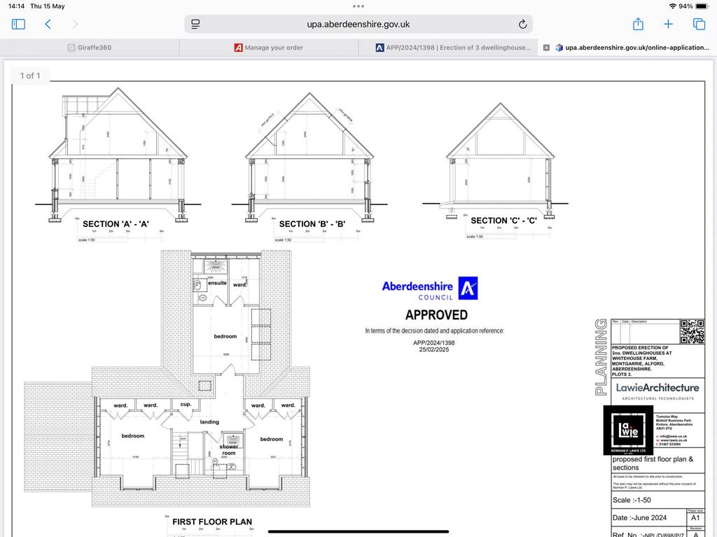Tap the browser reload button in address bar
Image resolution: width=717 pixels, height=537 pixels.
pos(522,24)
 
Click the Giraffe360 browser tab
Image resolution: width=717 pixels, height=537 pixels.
pos(90,48)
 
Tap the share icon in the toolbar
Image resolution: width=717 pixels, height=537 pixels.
pos(638,24)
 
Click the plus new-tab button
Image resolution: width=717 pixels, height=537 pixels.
pos(668,24)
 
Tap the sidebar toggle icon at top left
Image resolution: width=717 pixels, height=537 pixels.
pos(18,24)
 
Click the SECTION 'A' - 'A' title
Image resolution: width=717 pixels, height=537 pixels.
pos(116,224)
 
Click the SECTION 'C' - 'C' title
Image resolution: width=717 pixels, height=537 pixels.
pos(503,221)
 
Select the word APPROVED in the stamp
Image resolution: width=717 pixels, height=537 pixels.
pos(436,315)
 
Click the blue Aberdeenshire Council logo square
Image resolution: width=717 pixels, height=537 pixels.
pos(468,288)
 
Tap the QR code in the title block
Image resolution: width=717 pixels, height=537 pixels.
pos(692,331)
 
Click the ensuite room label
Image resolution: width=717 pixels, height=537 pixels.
pos(217,283)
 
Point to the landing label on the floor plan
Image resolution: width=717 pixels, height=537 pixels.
pos(209,422)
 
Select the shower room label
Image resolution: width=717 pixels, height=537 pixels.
pos(229,449)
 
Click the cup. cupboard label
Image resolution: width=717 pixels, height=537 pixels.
pos(186,405)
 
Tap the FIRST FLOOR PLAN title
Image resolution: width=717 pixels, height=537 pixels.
pos(212,522)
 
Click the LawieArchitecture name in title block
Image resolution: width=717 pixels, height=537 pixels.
pos(657,387)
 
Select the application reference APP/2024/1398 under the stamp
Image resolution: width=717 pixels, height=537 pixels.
pos(433,343)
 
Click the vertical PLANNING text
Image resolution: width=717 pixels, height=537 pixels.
pos(601,356)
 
